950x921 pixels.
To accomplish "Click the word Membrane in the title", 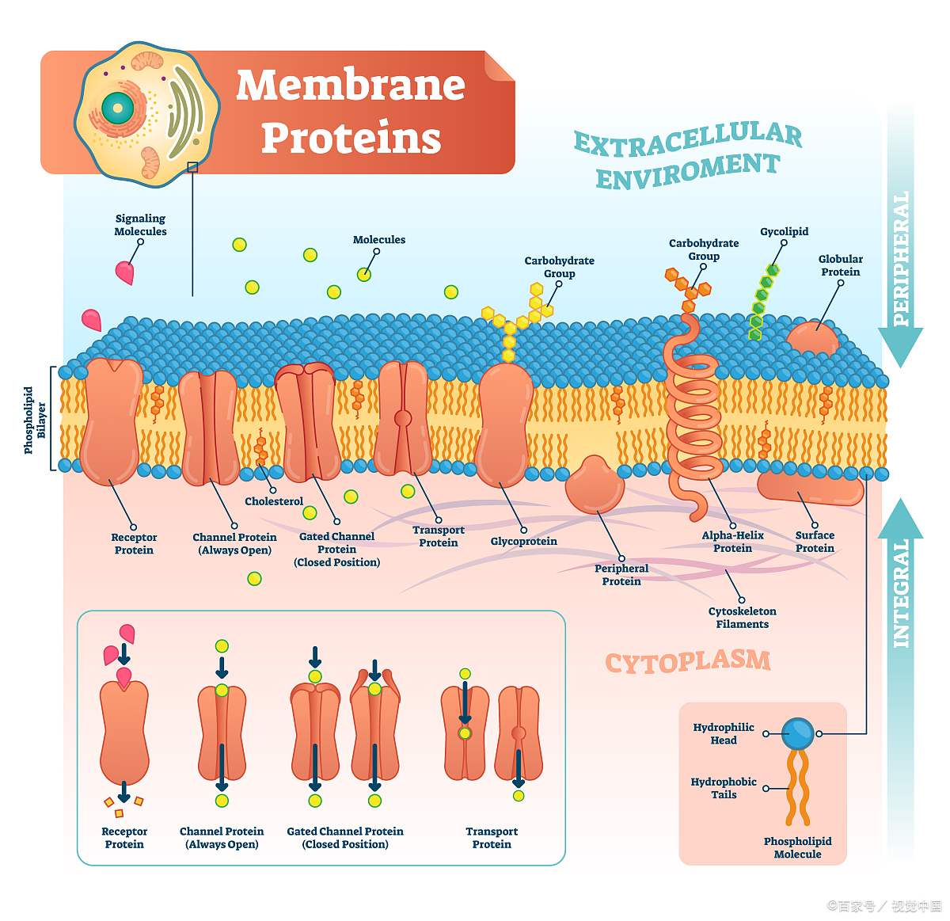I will tap(350, 85).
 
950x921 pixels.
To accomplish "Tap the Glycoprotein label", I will tap(523, 542).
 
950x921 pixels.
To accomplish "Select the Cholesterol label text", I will tap(274, 501).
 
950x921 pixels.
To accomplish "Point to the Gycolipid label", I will tap(784, 231).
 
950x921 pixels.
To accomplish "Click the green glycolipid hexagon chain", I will tap(762, 302).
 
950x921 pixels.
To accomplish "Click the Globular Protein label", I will tap(840, 265).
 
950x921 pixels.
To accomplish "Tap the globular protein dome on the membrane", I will tap(811, 338).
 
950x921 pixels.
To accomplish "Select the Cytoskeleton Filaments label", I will tap(742, 618).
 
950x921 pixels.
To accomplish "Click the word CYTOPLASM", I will tap(687, 662).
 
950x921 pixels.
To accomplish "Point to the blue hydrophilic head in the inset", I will tap(797, 733).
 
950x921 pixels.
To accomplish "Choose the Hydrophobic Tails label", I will tap(724, 788).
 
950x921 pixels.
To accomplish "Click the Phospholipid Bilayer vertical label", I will tap(34, 420).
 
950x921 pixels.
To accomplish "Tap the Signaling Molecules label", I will tap(140, 225).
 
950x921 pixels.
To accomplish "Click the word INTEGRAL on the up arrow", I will tap(901, 593).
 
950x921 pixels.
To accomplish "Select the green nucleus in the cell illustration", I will tap(117, 108).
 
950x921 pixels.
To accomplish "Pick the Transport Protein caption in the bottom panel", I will tap(492, 838).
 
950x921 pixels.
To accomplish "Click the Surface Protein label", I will tap(815, 542).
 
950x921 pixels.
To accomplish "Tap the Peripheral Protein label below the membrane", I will tap(621, 575).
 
